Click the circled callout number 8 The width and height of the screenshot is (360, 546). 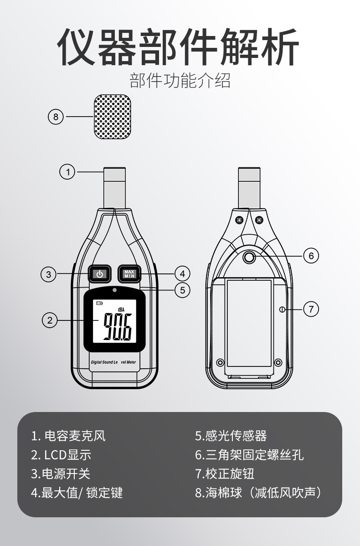coord(56,117)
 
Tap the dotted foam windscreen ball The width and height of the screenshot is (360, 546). coord(116,117)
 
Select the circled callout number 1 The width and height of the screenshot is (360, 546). coord(67,172)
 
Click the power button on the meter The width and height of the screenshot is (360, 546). coord(100,274)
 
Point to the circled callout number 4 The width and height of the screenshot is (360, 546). coord(182,274)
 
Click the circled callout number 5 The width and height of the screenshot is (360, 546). coord(182,290)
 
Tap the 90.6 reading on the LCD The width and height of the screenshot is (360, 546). coord(117,327)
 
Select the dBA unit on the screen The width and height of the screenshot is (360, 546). coord(121,309)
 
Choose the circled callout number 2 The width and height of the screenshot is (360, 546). coord(50,320)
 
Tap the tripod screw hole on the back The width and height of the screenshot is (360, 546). coord(249,258)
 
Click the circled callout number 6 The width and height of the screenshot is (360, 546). coord(311,256)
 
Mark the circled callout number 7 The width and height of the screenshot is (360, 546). coord(311,309)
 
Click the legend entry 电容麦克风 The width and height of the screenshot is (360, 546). coord(68,436)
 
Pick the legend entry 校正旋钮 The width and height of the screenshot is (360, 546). coord(225,474)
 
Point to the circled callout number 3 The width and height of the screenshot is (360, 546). coord(49,274)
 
